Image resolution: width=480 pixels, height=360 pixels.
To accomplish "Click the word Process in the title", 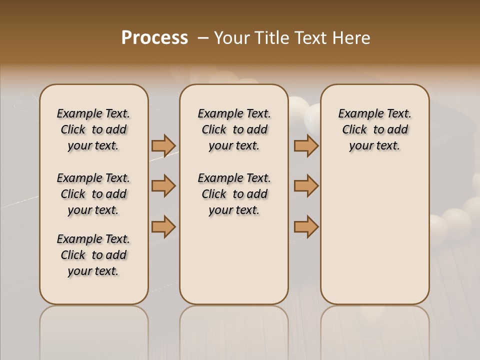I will pos(154,38).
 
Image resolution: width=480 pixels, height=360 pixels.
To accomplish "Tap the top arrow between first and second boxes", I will pos(163,145).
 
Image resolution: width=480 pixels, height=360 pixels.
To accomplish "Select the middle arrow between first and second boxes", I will pos(163,186).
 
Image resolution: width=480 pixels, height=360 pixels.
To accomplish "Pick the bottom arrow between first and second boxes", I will pos(163,226).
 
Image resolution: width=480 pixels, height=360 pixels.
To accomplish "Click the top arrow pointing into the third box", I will pos(306,145).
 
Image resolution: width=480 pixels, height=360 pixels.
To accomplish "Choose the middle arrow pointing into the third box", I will pos(306,186).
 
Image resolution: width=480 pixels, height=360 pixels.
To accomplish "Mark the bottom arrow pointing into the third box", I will pos(306,226).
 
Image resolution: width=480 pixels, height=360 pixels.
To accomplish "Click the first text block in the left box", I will pos(93,129).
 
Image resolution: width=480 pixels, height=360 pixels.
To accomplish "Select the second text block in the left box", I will pos(93,194).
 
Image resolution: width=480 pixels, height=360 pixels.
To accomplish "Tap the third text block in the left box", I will pos(93,255).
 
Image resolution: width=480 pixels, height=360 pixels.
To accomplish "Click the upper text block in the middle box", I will pos(234,129).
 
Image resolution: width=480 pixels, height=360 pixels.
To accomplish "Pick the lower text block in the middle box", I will pos(234,194).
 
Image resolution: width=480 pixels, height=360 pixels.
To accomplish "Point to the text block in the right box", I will pos(374,129).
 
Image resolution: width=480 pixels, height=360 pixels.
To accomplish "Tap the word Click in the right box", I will pos(354,129).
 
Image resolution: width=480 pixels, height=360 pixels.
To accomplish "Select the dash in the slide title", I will pos(203,38).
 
